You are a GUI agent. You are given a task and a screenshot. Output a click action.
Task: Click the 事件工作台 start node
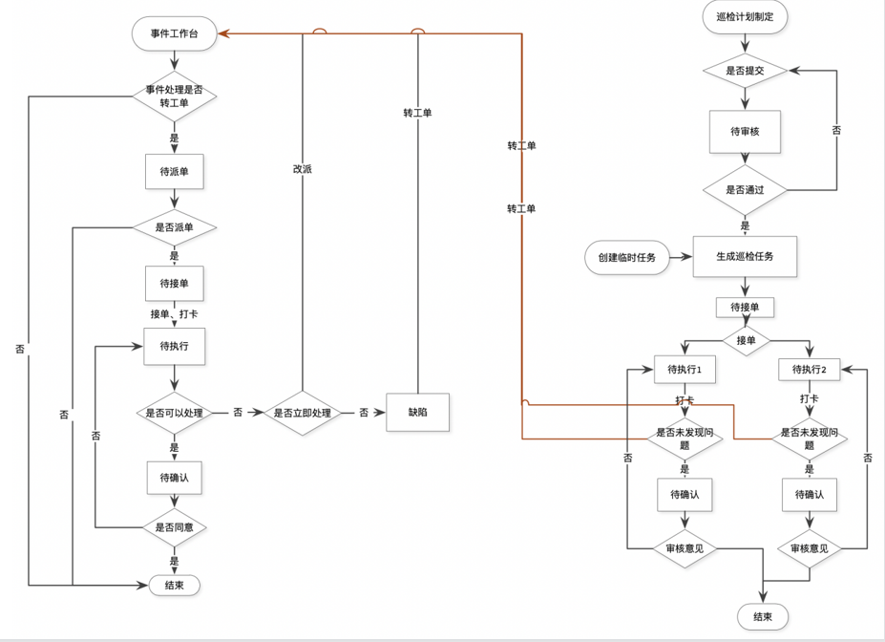pyautogui.click(x=175, y=34)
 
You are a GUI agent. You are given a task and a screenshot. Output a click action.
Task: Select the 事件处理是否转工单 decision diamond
pyautogui.click(x=174, y=96)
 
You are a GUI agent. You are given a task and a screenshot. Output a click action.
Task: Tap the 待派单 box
pyautogui.click(x=174, y=172)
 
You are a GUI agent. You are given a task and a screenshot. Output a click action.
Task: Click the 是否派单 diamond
pyautogui.click(x=174, y=227)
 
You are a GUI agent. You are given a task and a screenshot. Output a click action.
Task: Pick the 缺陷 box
pyautogui.click(x=417, y=412)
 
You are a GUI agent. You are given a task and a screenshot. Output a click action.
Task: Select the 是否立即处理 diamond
pyautogui.click(x=302, y=413)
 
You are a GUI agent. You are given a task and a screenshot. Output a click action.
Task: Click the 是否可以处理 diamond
pyautogui.click(x=174, y=413)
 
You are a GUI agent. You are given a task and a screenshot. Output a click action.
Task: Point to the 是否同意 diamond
pyautogui.click(x=174, y=526)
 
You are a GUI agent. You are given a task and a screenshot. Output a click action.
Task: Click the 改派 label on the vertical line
pyautogui.click(x=302, y=169)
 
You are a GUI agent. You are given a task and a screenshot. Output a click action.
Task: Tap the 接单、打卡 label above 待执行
pyautogui.click(x=174, y=313)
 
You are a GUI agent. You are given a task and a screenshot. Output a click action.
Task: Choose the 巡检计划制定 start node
pyautogui.click(x=745, y=17)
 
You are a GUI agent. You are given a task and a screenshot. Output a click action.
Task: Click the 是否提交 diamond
pyautogui.click(x=745, y=71)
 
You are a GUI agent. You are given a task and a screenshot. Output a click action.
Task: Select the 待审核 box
pyautogui.click(x=745, y=132)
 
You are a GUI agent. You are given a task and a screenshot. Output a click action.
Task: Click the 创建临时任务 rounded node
pyautogui.click(x=627, y=257)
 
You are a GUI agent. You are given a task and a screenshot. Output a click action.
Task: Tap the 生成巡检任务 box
pyautogui.click(x=745, y=256)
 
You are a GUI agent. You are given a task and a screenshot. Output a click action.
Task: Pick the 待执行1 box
pyautogui.click(x=685, y=369)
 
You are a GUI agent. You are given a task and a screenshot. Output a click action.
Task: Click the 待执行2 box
pyautogui.click(x=810, y=369)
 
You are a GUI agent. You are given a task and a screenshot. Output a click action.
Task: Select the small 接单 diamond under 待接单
pyautogui.click(x=746, y=339)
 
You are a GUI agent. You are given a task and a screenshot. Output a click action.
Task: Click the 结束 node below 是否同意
pyautogui.click(x=174, y=585)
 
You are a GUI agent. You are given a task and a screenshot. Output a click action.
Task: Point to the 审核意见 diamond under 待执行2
pyautogui.click(x=810, y=548)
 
